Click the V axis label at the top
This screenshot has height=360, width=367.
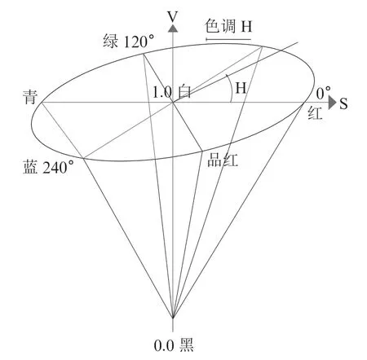[173, 17]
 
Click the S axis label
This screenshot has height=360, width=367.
[343, 103]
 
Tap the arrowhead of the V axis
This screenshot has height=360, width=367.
[173, 29]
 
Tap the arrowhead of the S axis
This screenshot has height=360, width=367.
[333, 103]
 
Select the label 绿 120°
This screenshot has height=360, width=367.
[129, 42]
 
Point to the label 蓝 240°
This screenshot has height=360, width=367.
[48, 167]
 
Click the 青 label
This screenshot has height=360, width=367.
[30, 97]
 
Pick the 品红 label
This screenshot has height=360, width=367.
[223, 160]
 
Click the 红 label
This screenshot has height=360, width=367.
[315, 113]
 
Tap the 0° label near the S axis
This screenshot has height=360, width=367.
[324, 93]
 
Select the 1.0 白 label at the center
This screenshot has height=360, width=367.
[172, 92]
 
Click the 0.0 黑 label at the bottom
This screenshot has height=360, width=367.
[174, 345]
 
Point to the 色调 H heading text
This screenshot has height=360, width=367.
[228, 26]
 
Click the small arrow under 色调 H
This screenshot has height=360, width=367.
[228, 40]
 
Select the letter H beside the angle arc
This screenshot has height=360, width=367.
[241, 88]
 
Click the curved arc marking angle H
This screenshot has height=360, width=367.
[231, 87]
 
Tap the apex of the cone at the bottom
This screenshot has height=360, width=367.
[173, 318]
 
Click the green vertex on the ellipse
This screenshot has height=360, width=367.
[144, 54]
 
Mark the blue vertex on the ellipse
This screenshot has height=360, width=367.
[83, 158]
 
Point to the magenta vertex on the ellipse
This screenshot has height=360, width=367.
[202, 151]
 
